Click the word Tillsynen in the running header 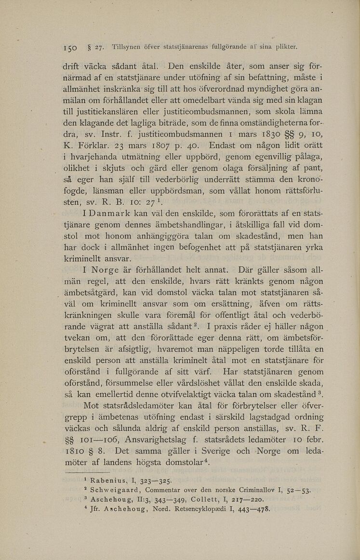pos(127,48)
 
